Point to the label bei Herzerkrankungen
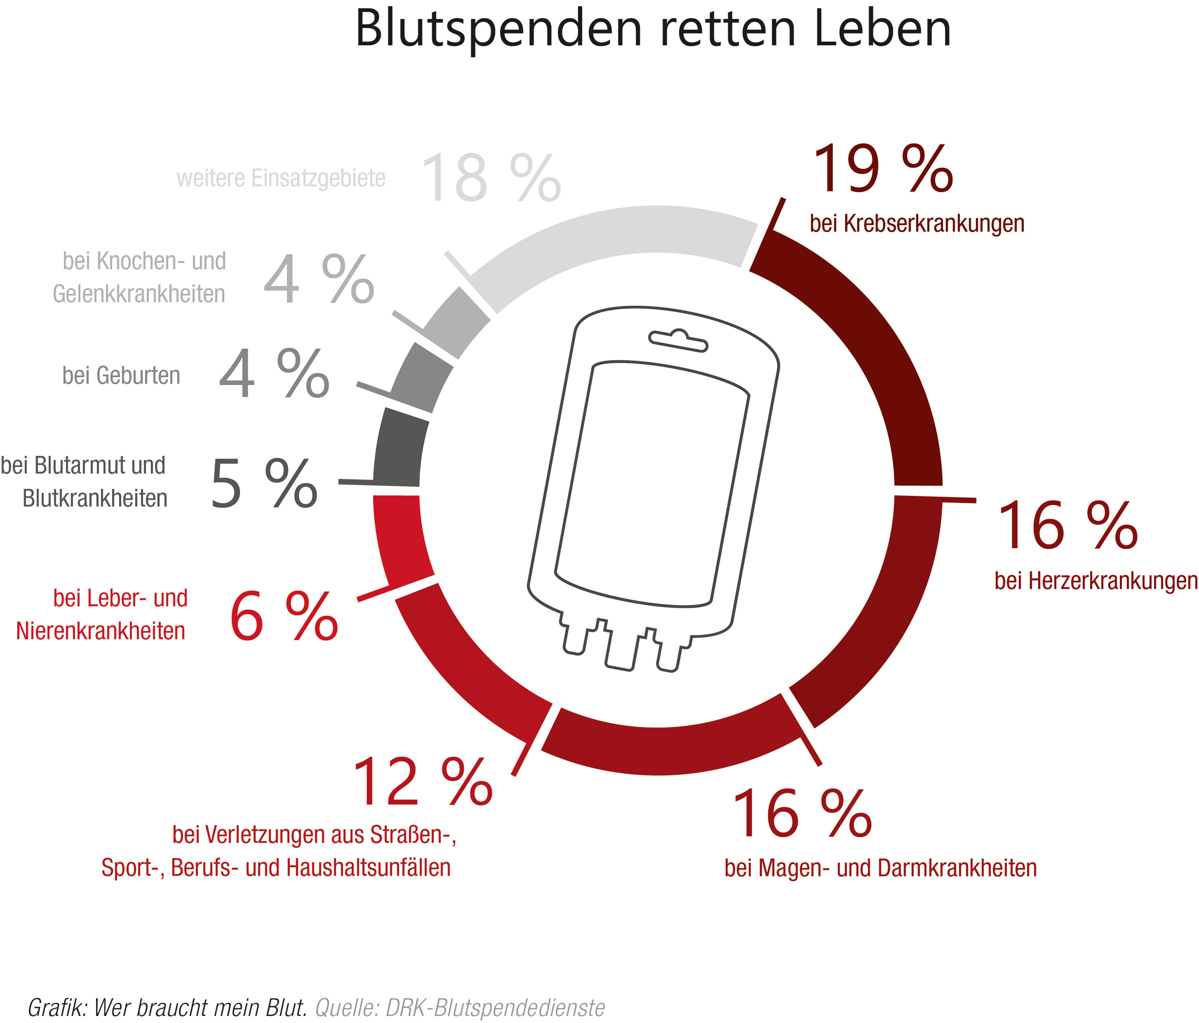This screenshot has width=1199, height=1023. [1095, 580]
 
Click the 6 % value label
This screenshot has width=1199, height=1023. [283, 618]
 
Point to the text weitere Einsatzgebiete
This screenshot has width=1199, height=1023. [281, 178]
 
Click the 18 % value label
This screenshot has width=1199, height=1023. [490, 178]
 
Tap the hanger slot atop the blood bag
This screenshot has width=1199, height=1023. [677, 341]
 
